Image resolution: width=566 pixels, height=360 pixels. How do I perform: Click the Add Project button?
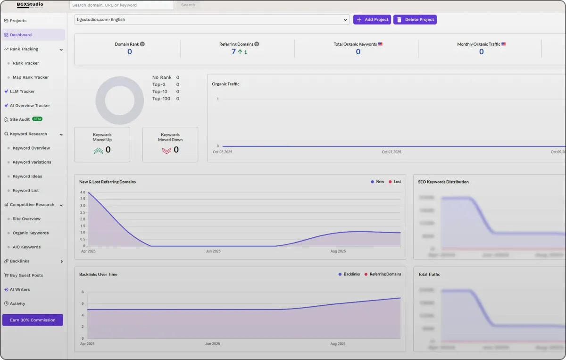tap(372, 20)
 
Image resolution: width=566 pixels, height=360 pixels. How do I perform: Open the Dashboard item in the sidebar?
tap(21, 35)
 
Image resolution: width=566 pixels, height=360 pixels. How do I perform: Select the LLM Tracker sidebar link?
tap(22, 92)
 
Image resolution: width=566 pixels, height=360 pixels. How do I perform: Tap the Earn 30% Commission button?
tap(33, 320)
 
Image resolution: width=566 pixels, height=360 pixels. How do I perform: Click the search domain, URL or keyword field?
tap(121, 5)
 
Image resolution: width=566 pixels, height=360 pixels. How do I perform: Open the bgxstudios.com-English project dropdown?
tap(212, 20)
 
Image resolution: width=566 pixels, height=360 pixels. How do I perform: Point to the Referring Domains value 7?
tap(233, 52)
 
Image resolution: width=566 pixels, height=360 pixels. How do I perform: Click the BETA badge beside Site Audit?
tap(37, 119)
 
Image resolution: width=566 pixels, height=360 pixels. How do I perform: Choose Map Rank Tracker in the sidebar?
tap(31, 77)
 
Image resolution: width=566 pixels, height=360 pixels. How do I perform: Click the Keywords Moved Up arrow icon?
tap(98, 151)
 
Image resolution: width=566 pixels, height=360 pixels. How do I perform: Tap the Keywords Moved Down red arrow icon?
tap(166, 151)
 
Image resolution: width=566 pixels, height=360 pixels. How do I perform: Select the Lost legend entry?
tap(395, 182)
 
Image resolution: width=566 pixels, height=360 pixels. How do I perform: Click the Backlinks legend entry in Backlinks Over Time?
tap(350, 274)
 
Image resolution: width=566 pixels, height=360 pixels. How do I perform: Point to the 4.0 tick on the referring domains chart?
tap(83, 193)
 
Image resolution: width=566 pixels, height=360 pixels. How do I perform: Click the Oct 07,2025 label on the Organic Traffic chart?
tap(391, 152)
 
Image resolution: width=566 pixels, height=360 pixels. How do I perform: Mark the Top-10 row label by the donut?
tap(159, 92)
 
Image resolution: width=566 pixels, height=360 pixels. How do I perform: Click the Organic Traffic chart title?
tap(225, 84)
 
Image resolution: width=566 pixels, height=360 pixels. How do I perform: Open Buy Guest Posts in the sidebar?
tap(26, 275)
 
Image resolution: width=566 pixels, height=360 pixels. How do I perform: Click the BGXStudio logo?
tap(30, 5)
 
